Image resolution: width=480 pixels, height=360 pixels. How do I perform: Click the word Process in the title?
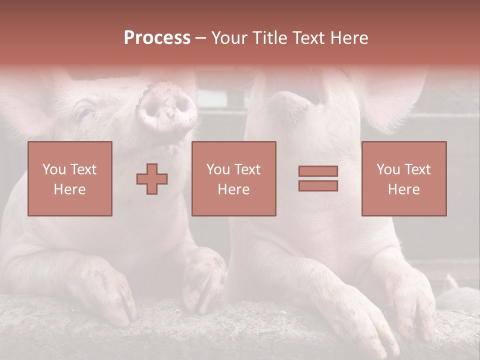(157, 38)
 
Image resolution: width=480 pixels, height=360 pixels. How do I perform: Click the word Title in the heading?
(268, 38)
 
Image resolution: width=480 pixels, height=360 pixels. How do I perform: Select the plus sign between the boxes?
(152, 179)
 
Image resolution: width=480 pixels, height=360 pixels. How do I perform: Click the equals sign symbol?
(318, 178)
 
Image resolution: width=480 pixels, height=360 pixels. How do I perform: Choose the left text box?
(70, 178)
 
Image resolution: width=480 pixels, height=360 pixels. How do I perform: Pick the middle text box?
(233, 178)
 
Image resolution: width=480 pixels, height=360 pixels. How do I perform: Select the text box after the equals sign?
(404, 178)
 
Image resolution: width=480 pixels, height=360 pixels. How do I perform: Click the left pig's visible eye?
(84, 111)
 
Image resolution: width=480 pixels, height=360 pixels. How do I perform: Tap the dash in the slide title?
(200, 38)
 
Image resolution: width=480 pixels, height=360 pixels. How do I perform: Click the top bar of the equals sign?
(318, 171)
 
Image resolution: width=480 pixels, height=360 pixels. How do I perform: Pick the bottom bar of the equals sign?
(318, 186)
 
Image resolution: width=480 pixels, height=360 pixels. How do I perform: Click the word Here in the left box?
(70, 189)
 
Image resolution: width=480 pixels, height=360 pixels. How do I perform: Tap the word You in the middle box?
(217, 169)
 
